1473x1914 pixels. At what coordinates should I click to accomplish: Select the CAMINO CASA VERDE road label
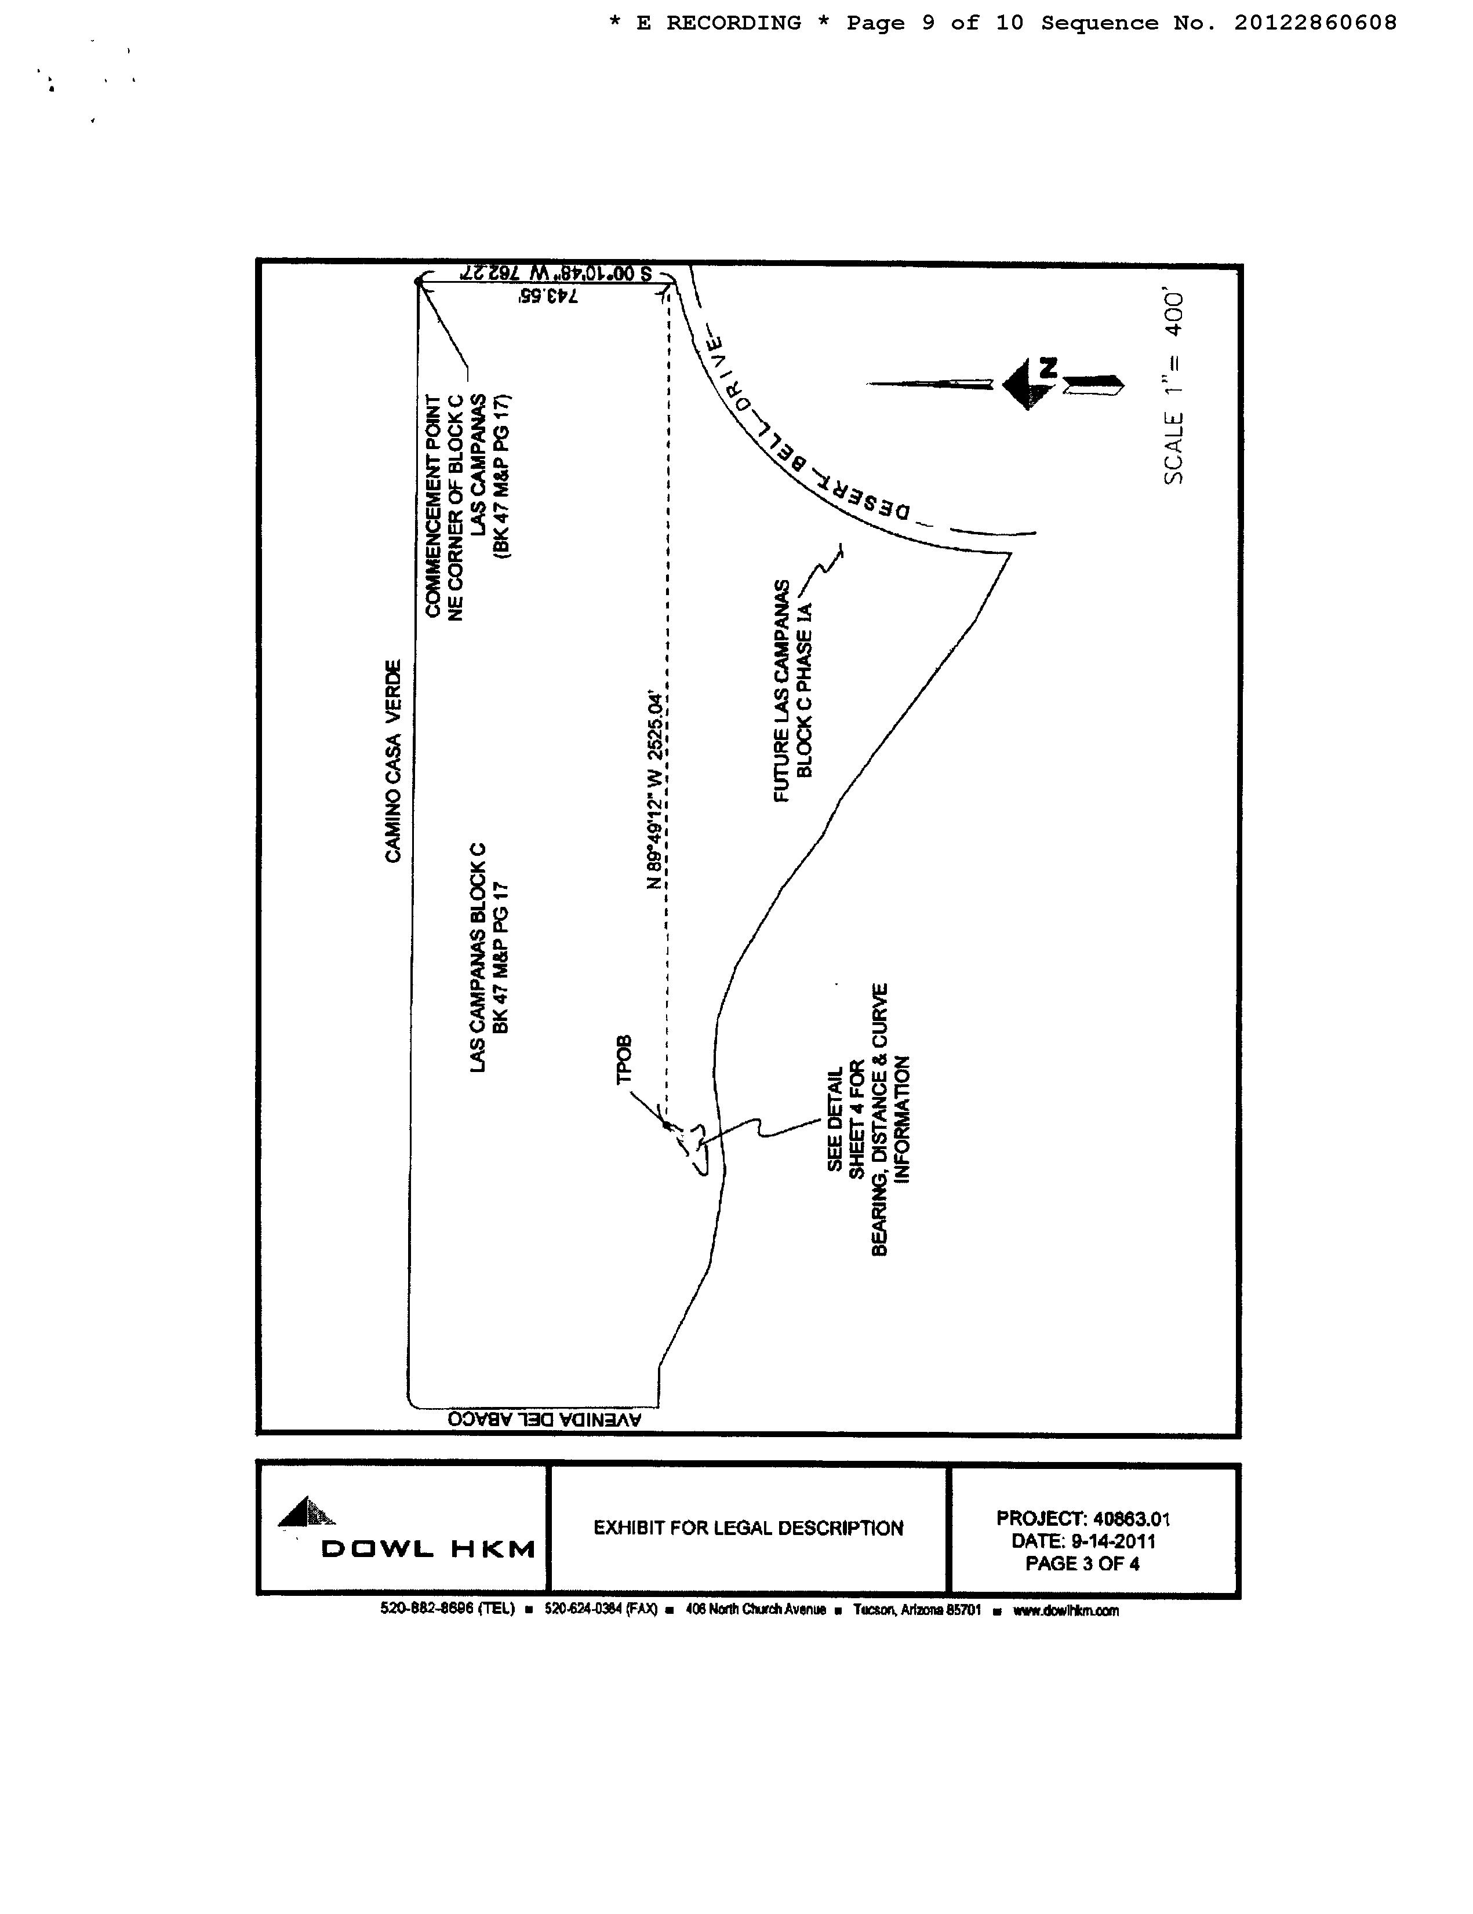tap(393, 761)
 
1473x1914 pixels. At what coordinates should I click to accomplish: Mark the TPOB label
tap(624, 1059)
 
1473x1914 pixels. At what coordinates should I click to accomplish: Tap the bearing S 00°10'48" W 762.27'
tap(554, 272)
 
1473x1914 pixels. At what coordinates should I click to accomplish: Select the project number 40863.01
tap(1131, 1519)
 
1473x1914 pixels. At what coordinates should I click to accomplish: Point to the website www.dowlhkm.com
tap(1065, 1610)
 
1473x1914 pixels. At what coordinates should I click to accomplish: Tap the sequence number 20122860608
tap(1315, 23)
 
